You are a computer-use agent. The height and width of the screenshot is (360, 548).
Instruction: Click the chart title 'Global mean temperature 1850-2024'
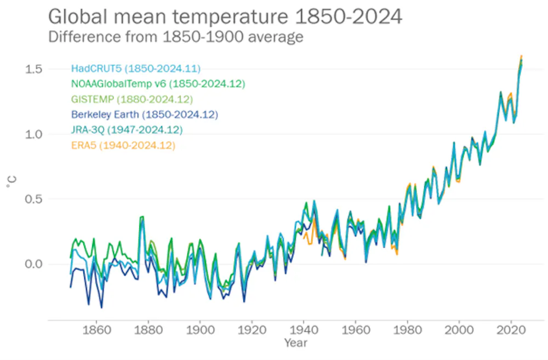point(225,16)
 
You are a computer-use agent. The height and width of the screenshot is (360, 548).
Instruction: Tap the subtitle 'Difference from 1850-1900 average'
point(175,37)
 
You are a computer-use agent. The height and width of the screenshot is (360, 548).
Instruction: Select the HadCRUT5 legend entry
point(136,68)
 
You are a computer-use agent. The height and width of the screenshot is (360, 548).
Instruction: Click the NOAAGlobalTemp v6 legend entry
point(158,84)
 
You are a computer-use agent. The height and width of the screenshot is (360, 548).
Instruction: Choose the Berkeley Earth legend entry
point(145,115)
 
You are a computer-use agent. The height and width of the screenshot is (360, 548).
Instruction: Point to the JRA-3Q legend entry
point(127,130)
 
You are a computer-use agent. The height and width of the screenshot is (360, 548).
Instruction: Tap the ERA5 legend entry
point(123,145)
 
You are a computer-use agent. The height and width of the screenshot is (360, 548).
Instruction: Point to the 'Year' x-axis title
point(295,344)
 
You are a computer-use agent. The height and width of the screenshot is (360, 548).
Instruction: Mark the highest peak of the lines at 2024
point(521,56)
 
